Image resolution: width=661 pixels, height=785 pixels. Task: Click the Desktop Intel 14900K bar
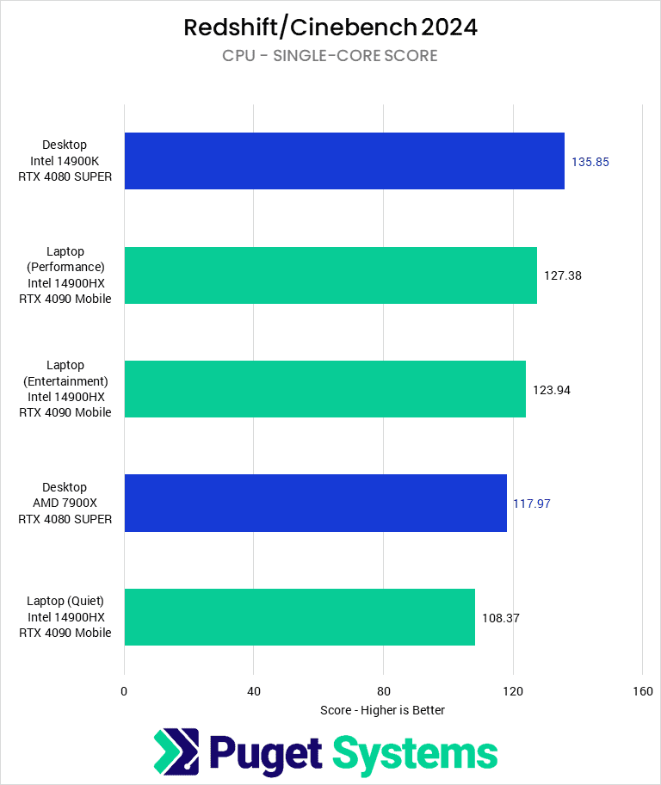tap(344, 161)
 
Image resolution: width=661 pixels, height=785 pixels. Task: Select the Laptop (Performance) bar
tap(330, 275)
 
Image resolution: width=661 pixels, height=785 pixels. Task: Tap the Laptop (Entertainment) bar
tap(325, 389)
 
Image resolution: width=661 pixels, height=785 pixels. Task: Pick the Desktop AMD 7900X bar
tap(316, 503)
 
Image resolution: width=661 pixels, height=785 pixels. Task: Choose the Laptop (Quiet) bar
tap(300, 617)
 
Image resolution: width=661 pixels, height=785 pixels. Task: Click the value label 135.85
tap(590, 162)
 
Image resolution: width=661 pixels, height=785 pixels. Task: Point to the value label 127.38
tap(563, 276)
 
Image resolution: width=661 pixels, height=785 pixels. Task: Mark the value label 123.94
tap(552, 390)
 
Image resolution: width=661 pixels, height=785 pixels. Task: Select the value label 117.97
tap(532, 504)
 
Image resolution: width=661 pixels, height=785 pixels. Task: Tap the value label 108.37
tap(501, 618)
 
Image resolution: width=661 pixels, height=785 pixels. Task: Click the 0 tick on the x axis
tap(125, 691)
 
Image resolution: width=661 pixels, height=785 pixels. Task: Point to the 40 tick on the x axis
tap(254, 691)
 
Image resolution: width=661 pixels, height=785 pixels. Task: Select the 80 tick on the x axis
tap(384, 691)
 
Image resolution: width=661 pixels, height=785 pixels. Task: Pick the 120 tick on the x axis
tap(513, 691)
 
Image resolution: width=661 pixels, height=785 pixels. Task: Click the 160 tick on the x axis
tap(642, 691)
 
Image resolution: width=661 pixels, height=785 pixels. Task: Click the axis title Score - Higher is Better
tap(382, 710)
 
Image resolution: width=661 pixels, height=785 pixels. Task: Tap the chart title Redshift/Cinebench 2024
tap(330, 28)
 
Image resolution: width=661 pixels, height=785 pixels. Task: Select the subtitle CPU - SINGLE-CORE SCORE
tap(330, 56)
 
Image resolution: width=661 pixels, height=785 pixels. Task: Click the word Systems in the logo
tap(415, 753)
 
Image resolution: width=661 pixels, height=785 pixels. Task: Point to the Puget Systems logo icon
tap(176, 752)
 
